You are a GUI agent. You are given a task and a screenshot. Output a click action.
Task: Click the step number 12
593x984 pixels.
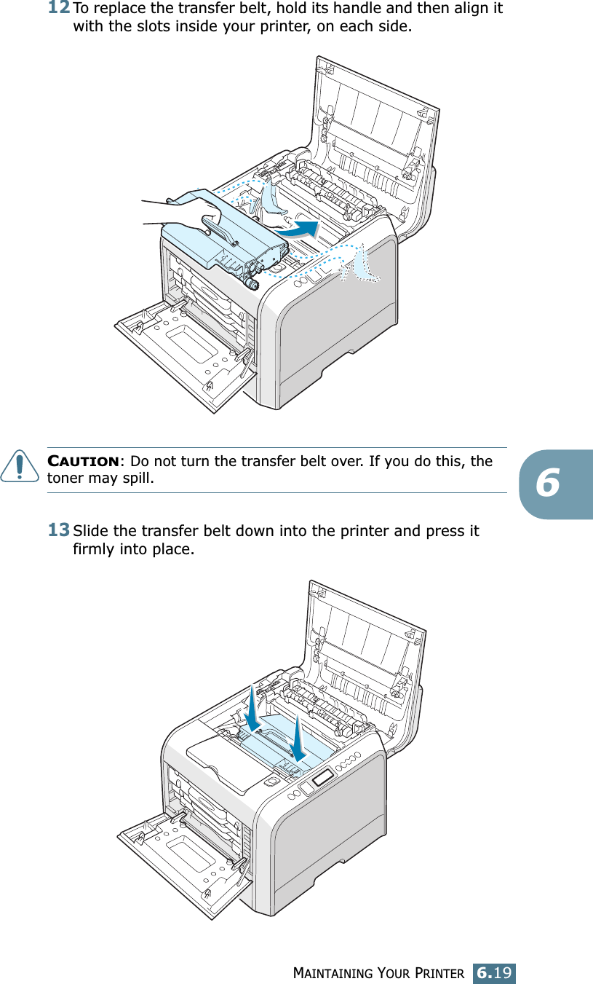tap(60, 9)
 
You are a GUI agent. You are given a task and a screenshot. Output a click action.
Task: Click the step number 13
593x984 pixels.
tap(60, 530)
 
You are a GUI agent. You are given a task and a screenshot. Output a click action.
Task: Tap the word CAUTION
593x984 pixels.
tap(83, 462)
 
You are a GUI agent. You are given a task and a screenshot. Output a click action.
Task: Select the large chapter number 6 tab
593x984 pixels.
tap(557, 484)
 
